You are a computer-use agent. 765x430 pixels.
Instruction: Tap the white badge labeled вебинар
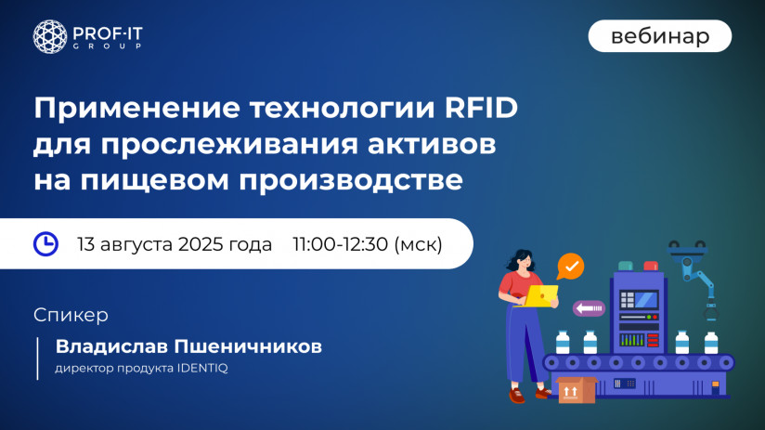(659, 36)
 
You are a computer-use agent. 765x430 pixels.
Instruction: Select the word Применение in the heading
(136, 109)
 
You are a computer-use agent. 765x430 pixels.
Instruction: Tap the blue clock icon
(45, 244)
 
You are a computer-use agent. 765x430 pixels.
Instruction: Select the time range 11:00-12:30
(340, 244)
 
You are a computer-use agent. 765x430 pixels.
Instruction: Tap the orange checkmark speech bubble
(571, 267)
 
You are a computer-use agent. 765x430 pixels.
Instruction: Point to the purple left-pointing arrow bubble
(589, 307)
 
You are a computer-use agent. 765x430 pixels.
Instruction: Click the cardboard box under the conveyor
(576, 390)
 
